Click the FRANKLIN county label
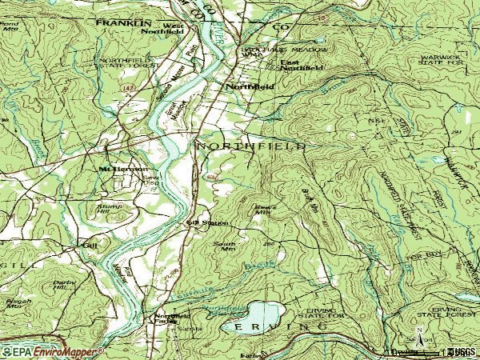point(123,24)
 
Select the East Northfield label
point(301,66)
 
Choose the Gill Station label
point(202,223)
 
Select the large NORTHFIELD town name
point(250,147)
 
